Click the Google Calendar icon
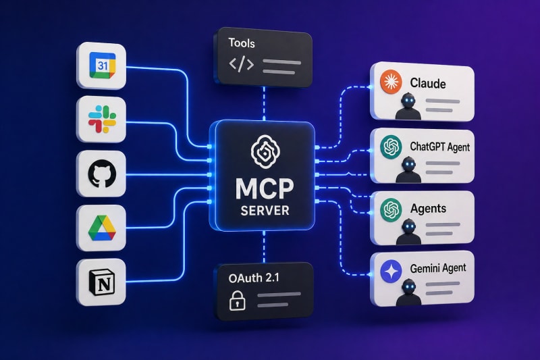click(101, 65)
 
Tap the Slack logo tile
click(102, 120)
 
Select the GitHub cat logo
click(102, 174)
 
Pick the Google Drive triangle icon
click(102, 228)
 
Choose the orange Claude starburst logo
click(390, 82)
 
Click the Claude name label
click(428, 83)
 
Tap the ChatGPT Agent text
click(439, 146)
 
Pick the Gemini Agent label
click(438, 269)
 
